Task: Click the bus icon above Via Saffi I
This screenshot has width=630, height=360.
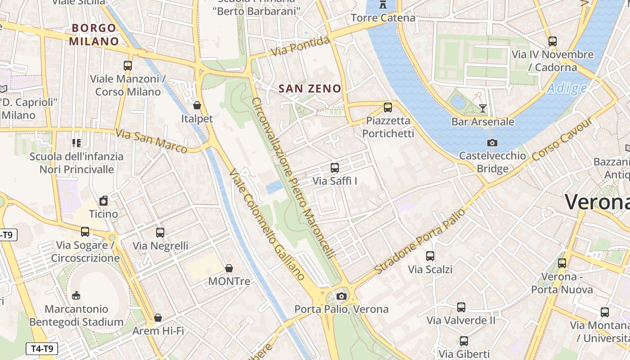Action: click(x=334, y=168)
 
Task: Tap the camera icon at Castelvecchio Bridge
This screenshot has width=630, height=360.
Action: click(x=492, y=143)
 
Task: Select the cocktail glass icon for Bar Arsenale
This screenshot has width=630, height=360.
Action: click(x=483, y=108)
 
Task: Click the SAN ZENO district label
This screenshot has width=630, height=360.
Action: click(x=310, y=89)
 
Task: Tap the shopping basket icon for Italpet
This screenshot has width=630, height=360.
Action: click(x=197, y=106)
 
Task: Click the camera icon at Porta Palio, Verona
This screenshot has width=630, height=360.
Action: click(x=342, y=296)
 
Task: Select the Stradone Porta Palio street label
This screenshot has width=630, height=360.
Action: click(x=420, y=241)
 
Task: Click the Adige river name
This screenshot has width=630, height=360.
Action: click(x=567, y=88)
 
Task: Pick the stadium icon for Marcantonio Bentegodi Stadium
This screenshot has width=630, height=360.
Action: click(x=76, y=296)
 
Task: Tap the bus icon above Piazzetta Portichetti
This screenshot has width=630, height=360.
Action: click(x=387, y=108)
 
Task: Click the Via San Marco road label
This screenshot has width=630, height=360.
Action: click(x=151, y=141)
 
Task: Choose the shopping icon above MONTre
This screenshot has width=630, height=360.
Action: click(x=229, y=268)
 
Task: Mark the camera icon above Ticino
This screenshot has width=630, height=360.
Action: click(x=103, y=201)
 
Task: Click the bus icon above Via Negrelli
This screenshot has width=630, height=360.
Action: click(x=160, y=233)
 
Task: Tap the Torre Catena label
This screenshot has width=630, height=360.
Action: click(x=383, y=18)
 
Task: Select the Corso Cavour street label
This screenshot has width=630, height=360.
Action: click(x=562, y=139)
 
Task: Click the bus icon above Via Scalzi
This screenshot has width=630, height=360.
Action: click(x=430, y=256)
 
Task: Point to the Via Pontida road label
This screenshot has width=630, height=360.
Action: click(x=300, y=47)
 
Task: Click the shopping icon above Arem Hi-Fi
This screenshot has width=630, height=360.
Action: click(x=158, y=318)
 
